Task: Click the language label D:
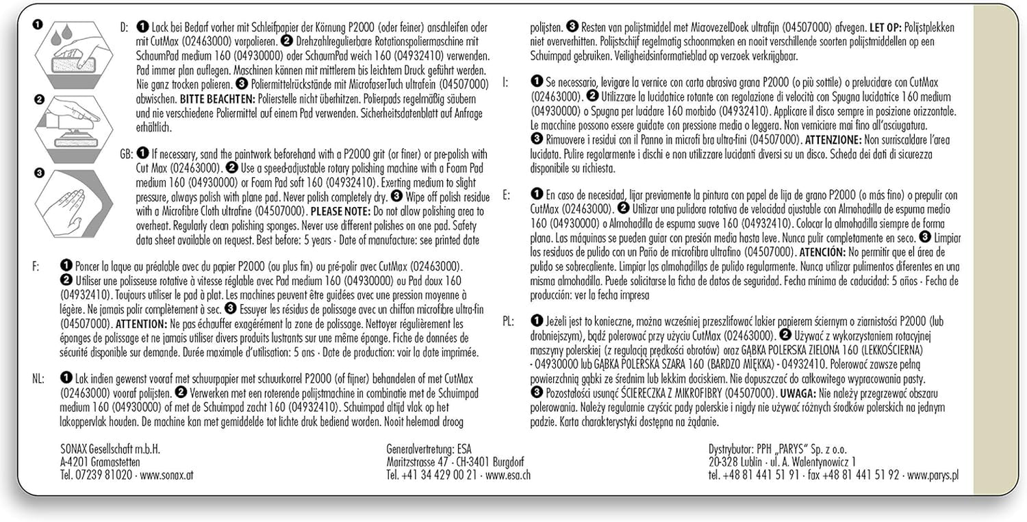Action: [x=123, y=28]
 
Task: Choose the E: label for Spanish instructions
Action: [x=506, y=195]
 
